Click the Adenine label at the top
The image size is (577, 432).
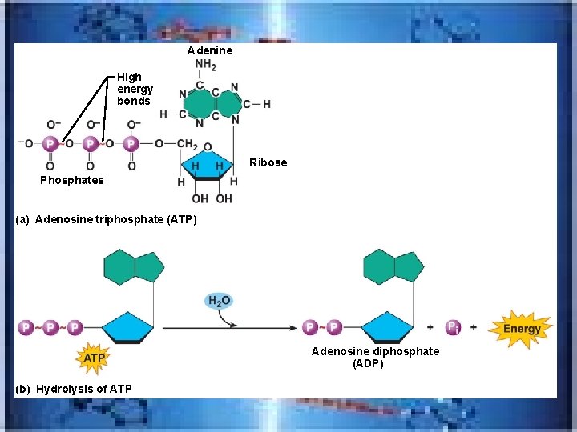210,50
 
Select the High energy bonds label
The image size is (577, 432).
135,89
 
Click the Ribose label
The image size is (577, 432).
268,162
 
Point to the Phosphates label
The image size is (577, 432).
72,180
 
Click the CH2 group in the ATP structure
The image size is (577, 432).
187,144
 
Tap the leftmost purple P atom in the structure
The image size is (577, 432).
50,144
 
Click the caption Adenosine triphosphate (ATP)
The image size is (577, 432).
106,219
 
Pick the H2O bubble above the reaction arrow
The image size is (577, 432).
219,301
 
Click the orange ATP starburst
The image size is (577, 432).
95,358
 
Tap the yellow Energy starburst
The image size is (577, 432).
522,329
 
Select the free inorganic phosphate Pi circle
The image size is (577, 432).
453,327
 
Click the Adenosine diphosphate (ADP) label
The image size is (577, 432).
375,358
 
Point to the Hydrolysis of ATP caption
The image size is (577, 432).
74,389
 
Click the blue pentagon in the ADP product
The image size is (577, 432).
388,327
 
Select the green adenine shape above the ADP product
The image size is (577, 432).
393,266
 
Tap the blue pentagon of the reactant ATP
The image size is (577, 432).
128,327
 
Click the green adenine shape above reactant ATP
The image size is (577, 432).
134,266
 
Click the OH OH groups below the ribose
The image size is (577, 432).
212,198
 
